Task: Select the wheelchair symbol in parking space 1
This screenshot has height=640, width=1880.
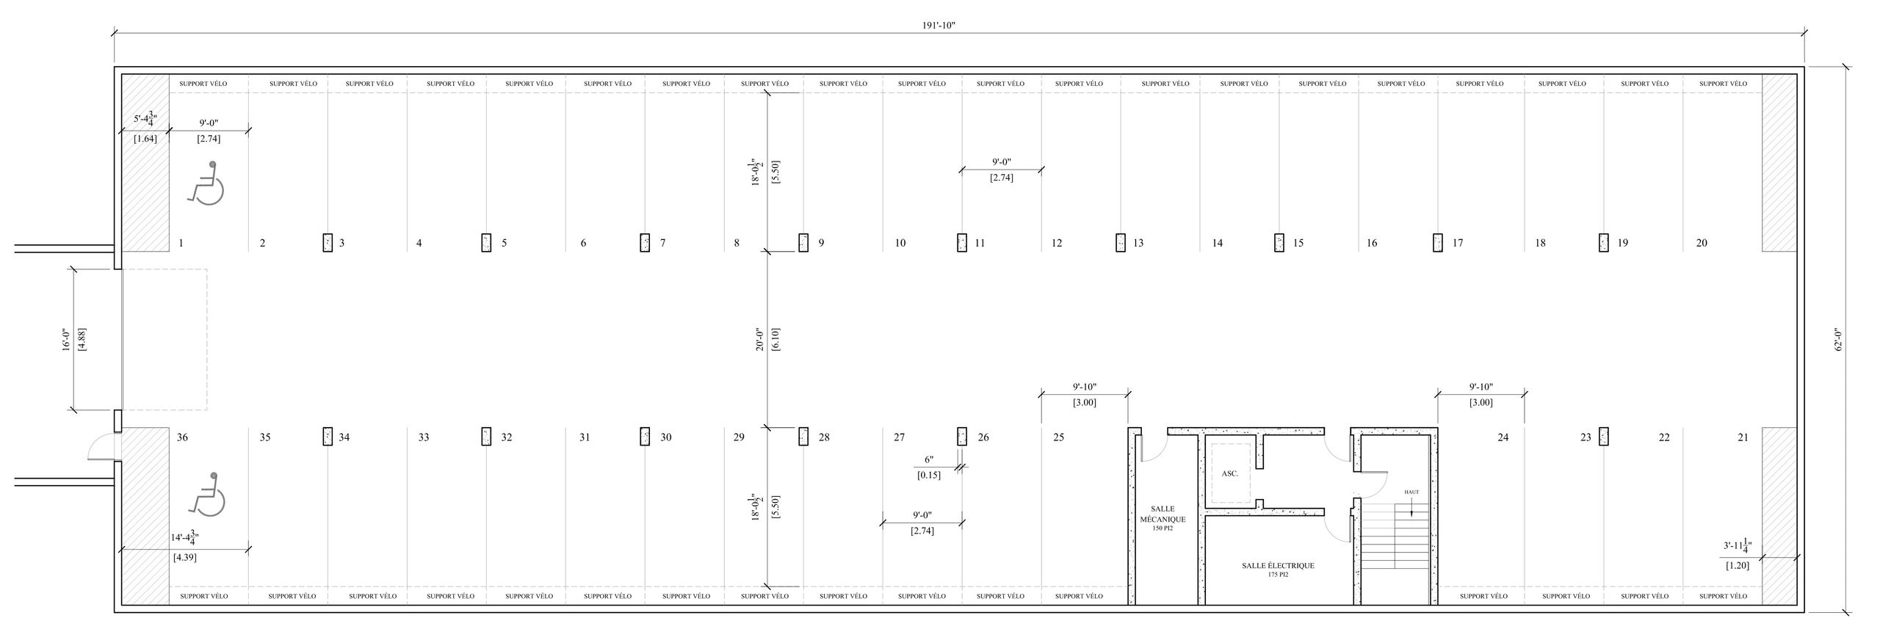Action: click(206, 183)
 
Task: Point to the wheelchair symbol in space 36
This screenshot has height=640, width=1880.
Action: click(207, 493)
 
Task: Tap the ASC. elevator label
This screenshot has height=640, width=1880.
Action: click(1230, 473)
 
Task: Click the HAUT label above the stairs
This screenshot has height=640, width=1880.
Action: click(1411, 492)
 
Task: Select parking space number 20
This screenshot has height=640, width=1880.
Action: click(1702, 243)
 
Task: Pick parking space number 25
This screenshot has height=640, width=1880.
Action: click(1058, 437)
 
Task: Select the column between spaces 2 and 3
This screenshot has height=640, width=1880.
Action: click(328, 243)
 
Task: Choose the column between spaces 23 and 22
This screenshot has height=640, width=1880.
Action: click(1604, 437)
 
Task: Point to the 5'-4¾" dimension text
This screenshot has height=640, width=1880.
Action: click(145, 118)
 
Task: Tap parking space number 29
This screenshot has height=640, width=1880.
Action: click(739, 437)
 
